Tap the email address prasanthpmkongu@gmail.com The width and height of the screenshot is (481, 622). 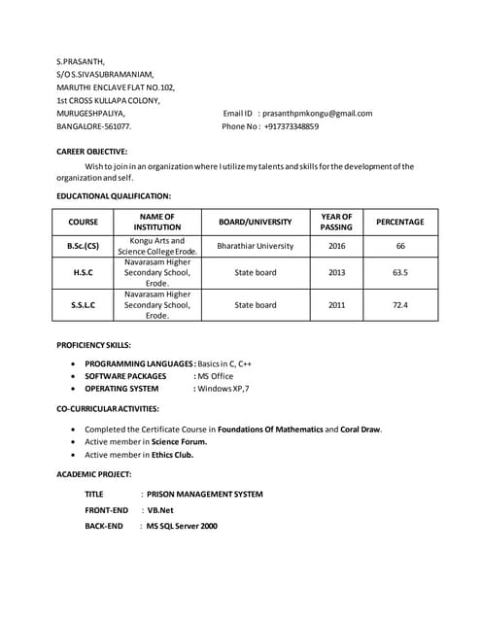point(317,114)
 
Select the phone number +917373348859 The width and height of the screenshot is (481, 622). point(291,126)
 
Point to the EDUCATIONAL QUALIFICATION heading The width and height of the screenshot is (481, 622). point(114,196)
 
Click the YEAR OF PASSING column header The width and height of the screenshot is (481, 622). point(336,222)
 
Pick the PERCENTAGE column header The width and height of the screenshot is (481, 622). point(399,222)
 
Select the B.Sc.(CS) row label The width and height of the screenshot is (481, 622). point(83,246)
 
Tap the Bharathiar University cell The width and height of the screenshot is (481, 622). point(255,246)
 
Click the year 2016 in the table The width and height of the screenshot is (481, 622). point(336,246)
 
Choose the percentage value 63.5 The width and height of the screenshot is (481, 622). point(399,273)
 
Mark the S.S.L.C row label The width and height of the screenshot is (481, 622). point(83,305)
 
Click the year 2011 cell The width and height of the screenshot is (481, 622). point(336,305)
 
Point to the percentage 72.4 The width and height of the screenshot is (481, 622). point(399,305)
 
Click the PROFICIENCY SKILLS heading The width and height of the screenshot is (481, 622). point(93,345)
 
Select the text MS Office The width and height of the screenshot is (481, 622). point(216,376)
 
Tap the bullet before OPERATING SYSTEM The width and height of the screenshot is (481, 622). point(76,389)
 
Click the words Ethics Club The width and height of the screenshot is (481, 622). point(171,454)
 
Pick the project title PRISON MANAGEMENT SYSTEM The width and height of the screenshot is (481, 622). point(204,494)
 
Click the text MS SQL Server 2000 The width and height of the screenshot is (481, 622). point(182,526)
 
